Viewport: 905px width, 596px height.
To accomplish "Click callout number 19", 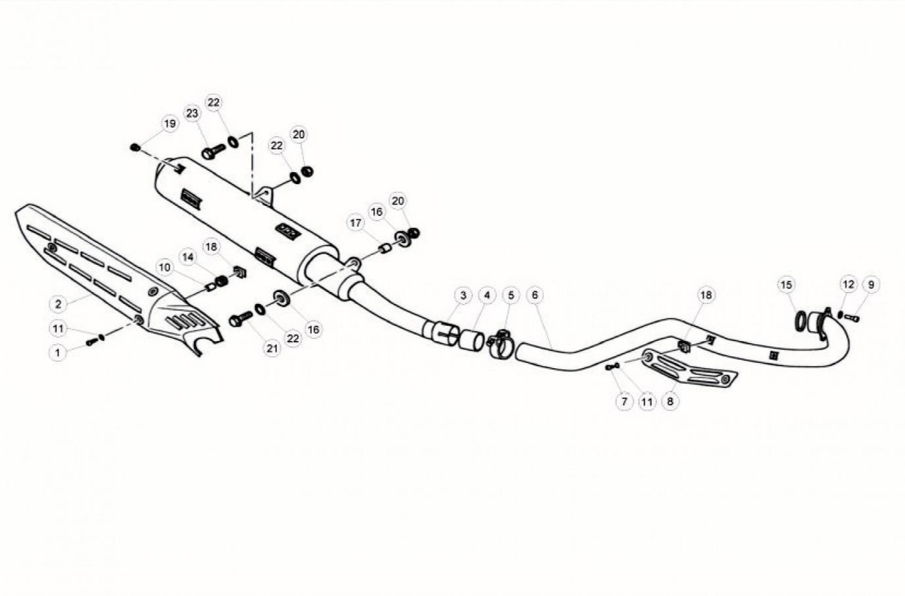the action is tap(170, 124).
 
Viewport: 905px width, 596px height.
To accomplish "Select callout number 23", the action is tap(192, 113).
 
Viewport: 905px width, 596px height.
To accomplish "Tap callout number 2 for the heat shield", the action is tap(58, 304).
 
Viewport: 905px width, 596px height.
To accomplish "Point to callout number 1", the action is tap(58, 353).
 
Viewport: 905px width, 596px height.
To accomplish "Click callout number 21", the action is tap(272, 348).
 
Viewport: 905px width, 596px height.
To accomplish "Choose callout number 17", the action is tap(356, 223).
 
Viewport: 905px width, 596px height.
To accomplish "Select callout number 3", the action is tap(463, 295).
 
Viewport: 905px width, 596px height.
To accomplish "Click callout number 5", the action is tap(511, 295).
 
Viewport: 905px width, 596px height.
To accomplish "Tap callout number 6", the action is tap(535, 295).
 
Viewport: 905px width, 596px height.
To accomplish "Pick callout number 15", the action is tap(786, 285).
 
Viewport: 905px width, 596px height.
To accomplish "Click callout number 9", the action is tap(871, 285).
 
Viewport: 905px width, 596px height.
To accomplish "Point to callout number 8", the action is tap(670, 401).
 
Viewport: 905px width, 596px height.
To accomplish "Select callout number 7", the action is tap(624, 401).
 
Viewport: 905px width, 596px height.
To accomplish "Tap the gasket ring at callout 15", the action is tap(800, 321).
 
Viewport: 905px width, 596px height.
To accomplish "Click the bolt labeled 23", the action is tap(213, 152).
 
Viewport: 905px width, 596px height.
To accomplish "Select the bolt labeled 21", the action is tap(240, 319).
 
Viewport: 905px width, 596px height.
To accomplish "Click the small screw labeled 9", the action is tap(852, 318).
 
